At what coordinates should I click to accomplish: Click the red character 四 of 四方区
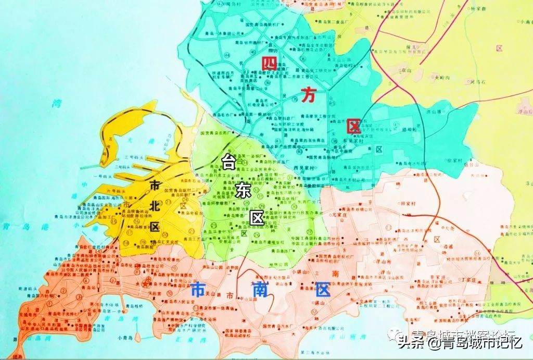(269, 64)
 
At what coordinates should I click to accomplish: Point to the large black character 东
(243, 191)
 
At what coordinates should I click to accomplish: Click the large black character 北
(154, 205)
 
